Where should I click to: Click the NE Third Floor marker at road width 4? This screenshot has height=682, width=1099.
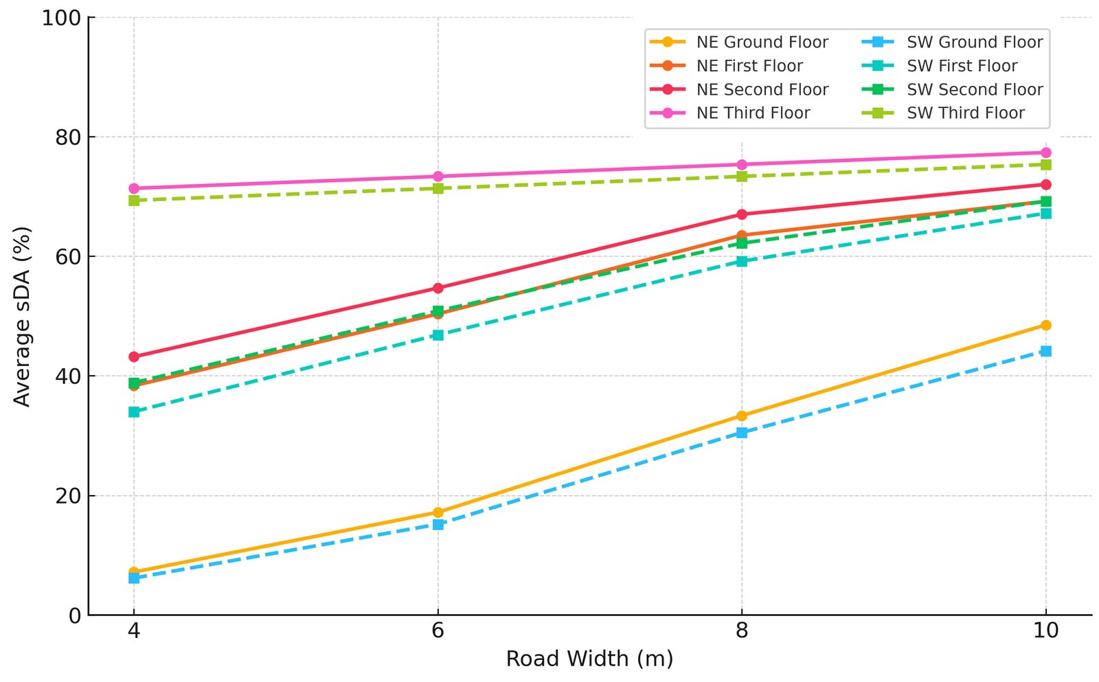tap(134, 188)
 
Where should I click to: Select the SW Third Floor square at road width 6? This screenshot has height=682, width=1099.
tap(438, 188)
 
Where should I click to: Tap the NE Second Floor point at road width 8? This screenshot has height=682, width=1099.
tap(742, 214)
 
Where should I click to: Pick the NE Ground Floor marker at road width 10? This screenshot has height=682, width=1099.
tap(1045, 325)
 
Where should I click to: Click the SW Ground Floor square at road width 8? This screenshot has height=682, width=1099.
tap(742, 433)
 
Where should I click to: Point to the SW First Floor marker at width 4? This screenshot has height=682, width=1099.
tap(134, 412)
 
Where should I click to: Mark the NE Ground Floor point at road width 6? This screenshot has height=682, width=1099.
tap(438, 512)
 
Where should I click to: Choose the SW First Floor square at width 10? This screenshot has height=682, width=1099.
tap(1045, 214)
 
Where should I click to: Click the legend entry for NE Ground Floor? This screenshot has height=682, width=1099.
tap(762, 43)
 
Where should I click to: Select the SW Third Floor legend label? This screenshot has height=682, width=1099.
tap(965, 113)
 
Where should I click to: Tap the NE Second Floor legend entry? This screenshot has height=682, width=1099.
tap(762, 90)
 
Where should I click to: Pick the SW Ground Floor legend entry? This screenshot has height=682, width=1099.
tap(974, 43)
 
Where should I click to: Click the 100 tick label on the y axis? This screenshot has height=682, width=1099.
tap(61, 18)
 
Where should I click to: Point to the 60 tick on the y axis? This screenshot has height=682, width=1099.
tap(68, 257)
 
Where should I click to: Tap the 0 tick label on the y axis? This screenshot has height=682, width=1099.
tap(75, 615)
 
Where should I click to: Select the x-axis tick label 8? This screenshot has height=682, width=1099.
tap(742, 630)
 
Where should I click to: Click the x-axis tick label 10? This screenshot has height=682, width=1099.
tap(1045, 630)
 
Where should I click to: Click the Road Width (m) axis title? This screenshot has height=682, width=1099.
tap(589, 659)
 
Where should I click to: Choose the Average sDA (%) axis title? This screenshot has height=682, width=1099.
tap(22, 316)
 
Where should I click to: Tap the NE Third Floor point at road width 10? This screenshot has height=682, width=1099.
tap(1045, 152)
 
